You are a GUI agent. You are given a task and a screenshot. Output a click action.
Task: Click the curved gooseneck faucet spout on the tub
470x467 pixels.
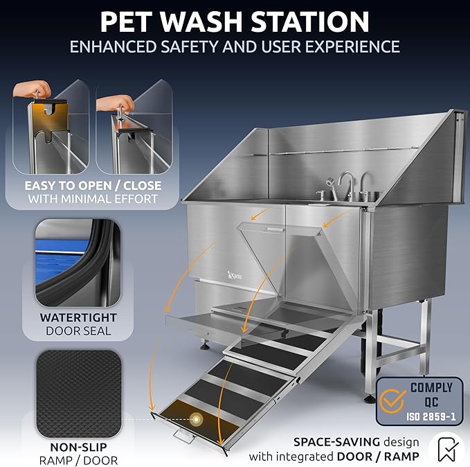click(346, 182)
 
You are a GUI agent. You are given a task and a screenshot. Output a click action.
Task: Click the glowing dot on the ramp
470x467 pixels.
click(197, 418)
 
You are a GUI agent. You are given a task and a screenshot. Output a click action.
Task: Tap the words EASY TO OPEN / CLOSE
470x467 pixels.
click(93, 186)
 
